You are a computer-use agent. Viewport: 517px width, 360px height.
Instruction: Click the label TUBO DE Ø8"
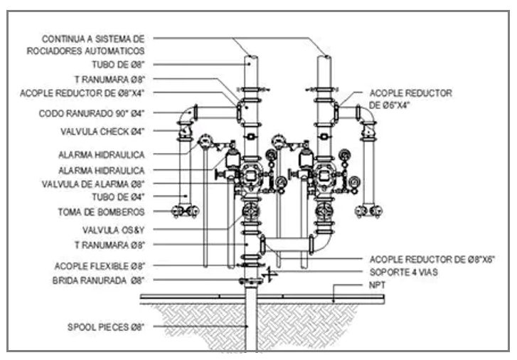coord(118,65)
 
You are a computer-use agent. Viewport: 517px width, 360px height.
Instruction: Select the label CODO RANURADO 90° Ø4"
coord(92,114)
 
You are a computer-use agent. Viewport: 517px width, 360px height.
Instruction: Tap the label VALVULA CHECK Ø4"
coord(102,132)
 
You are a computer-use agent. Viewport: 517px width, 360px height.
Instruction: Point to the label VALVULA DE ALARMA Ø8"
coord(93,184)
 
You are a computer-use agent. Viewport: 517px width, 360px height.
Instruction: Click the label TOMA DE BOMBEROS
coord(101,212)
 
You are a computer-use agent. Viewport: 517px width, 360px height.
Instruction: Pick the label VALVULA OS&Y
coord(113,230)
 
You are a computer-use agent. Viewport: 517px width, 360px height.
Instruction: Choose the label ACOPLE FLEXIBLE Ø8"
coord(100,266)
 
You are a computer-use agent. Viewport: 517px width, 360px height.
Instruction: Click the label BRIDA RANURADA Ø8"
coord(98,280)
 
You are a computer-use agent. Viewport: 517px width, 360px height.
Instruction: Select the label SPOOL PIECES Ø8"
coord(106,327)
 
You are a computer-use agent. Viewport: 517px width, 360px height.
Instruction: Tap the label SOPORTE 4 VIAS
coord(404,272)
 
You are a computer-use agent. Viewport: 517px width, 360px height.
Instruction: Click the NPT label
coord(377,285)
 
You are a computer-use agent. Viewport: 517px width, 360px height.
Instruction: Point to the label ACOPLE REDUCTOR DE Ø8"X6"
coord(432,260)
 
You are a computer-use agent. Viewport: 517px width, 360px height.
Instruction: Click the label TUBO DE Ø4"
coord(118,197)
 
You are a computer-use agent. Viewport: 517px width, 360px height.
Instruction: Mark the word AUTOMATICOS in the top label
coord(114,51)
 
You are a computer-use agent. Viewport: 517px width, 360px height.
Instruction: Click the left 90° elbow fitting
coord(187,114)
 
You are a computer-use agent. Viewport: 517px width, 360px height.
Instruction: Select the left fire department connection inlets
coord(186,211)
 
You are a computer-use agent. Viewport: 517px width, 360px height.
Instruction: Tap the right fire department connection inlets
coord(368,211)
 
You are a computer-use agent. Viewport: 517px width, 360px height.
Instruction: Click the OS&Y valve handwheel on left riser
coord(250,211)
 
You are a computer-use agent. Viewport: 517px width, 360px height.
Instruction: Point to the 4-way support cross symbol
coord(270,273)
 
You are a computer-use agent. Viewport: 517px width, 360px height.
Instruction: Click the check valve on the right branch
coord(368,131)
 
